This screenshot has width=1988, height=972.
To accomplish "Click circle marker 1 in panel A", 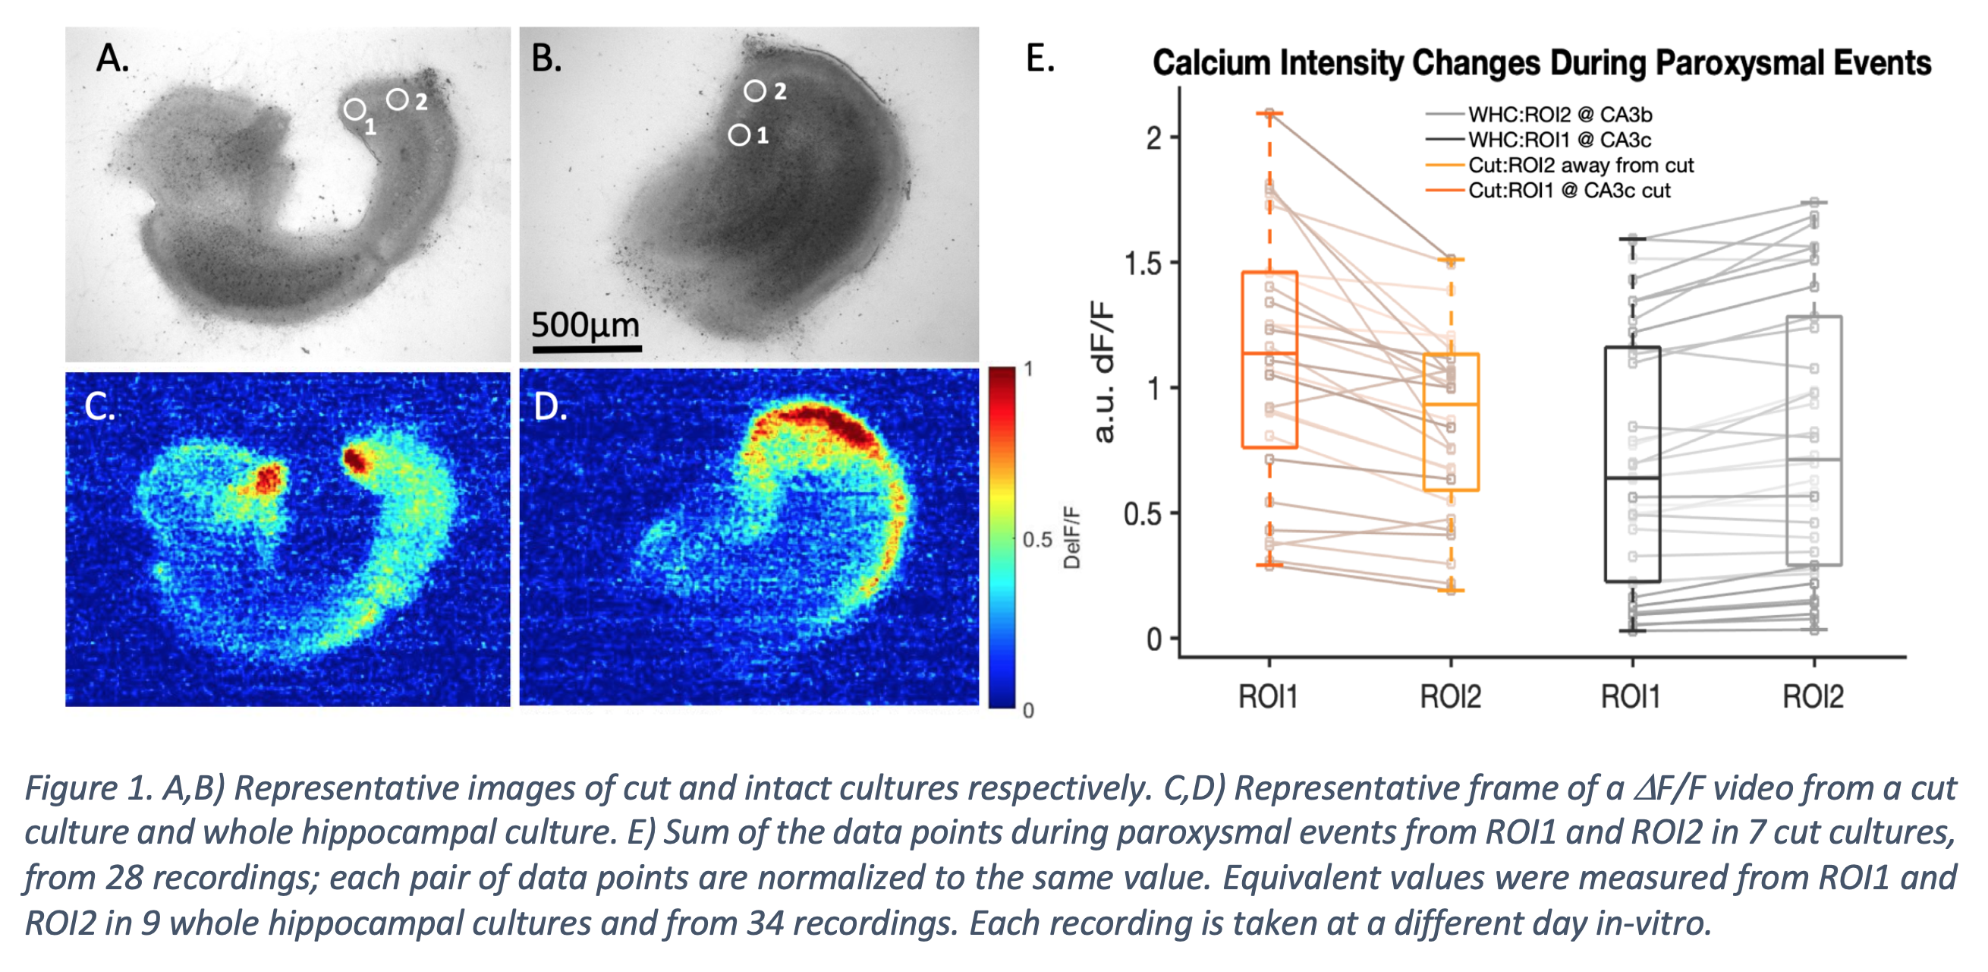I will [x=354, y=109].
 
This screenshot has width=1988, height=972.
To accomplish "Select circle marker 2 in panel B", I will [x=754, y=91].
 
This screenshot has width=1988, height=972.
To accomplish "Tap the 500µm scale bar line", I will [x=587, y=349].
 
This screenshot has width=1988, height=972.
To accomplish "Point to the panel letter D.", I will [x=549, y=407].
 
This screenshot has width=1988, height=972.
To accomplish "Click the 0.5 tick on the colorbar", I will [x=1036, y=539].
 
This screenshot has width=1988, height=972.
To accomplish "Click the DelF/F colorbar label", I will [x=1071, y=538].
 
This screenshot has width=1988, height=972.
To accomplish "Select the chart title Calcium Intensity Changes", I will [x=1541, y=63].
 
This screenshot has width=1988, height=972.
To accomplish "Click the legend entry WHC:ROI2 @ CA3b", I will [x=1559, y=115].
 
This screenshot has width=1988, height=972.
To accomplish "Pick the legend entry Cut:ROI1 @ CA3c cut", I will [x=1568, y=191].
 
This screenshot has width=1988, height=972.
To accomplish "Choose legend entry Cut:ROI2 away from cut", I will [x=1580, y=166].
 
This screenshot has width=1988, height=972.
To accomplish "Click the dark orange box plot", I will [x=1269, y=360].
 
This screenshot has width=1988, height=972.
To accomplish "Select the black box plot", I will [x=1632, y=464].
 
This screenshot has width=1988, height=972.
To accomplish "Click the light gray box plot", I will [x=1813, y=440].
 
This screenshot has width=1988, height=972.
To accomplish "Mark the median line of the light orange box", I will [x=1451, y=404].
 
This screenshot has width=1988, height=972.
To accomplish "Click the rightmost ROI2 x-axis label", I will [x=1813, y=696].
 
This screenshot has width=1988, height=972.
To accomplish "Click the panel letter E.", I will [x=1040, y=58].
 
